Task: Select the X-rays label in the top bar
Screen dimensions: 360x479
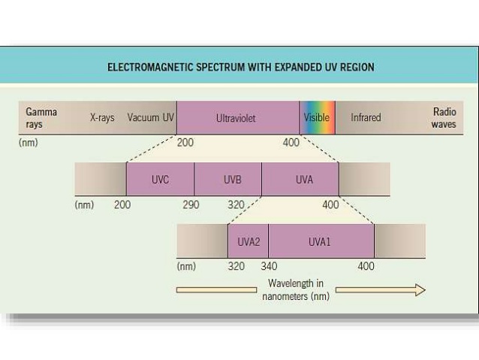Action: pos(102,118)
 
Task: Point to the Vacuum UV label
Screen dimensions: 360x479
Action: pos(150,118)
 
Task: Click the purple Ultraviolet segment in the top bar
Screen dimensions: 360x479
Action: pos(238,118)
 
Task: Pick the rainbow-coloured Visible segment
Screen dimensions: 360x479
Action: pos(317,118)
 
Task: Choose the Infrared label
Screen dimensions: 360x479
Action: pos(366,118)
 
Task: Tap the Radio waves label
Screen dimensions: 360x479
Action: pos(444,118)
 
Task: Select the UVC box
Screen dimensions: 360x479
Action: pos(160,180)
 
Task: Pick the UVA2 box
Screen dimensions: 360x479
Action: pos(249,242)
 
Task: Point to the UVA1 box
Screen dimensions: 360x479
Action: pos(321,242)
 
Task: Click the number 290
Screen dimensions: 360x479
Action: pos(191,204)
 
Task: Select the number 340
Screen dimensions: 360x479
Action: pos(269,266)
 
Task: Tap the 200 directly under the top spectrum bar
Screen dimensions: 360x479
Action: pos(185,143)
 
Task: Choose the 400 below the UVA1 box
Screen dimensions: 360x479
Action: pos(366,266)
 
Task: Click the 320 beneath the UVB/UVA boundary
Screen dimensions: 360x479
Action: pos(236,204)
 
